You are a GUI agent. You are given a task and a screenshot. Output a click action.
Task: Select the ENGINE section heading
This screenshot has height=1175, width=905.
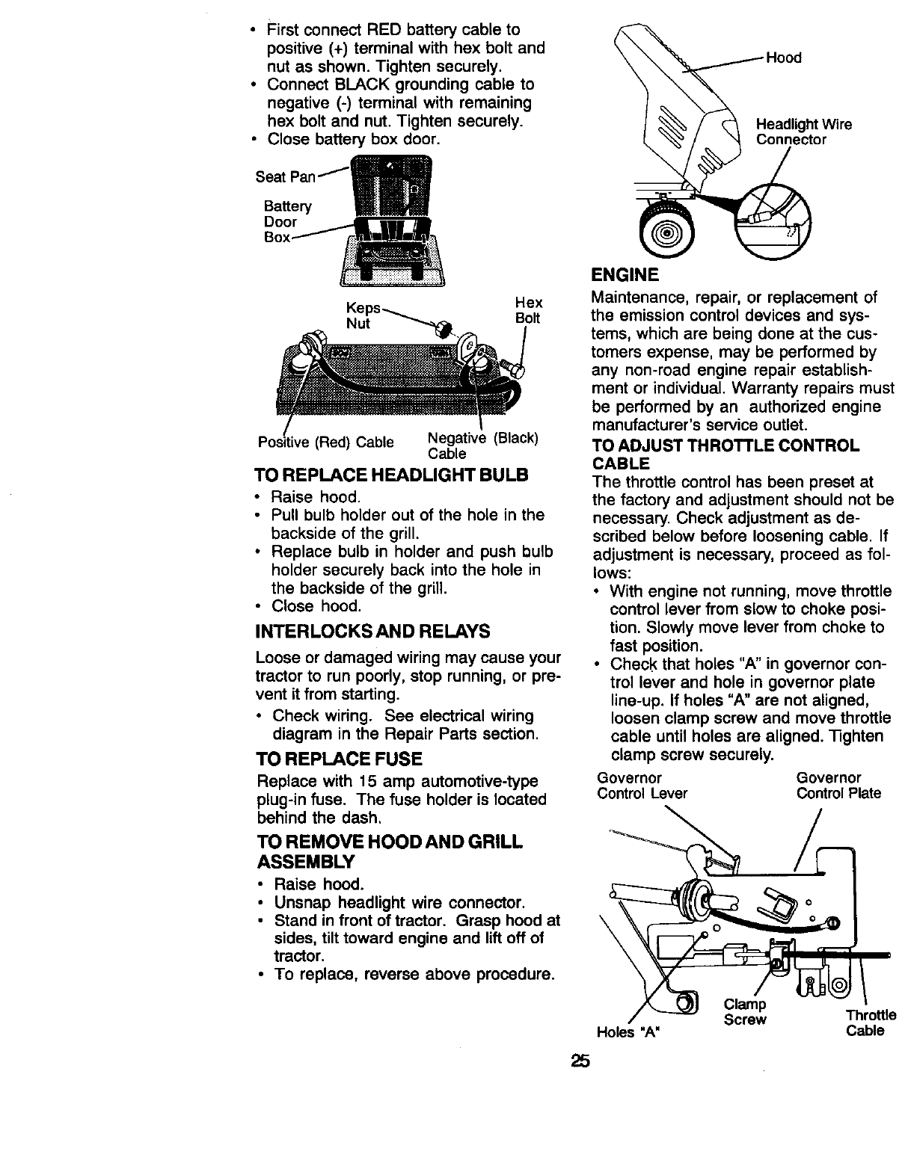(625, 275)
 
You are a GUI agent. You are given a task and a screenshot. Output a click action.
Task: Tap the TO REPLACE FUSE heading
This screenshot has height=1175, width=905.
(339, 759)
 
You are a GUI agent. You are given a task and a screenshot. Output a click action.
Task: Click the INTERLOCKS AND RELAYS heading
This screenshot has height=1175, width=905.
(372, 631)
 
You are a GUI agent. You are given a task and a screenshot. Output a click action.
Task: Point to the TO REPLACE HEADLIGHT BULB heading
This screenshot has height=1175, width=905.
(391, 475)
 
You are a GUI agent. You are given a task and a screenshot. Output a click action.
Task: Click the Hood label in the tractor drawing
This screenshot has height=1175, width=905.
(784, 58)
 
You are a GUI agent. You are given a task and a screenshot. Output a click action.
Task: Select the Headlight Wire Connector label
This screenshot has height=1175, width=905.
(803, 132)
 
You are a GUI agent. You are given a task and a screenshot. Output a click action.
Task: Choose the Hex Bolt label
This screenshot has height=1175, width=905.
(528, 310)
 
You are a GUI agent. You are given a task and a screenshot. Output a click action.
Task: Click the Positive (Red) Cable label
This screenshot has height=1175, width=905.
(325, 442)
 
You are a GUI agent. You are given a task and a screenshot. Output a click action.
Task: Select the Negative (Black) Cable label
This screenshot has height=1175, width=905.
(482, 445)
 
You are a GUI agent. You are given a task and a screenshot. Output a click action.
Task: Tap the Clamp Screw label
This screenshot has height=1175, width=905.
(745, 1012)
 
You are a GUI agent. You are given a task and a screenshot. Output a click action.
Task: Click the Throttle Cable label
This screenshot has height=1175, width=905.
(870, 1023)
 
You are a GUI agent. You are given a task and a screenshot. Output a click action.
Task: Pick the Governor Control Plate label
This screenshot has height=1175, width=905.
(838, 786)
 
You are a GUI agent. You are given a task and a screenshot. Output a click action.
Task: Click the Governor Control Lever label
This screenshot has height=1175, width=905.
(642, 786)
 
